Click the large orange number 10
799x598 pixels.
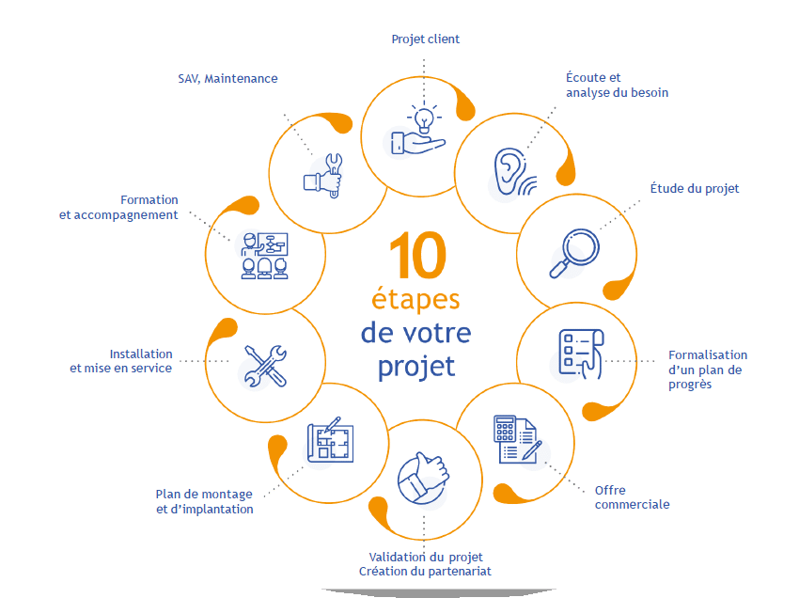[415, 256]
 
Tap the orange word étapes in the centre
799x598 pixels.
[415, 301]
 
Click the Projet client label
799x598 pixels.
[425, 39]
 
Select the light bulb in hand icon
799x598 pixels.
[418, 132]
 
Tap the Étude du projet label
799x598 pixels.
[695, 189]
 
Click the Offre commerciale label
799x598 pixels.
[632, 497]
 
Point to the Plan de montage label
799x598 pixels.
[204, 501]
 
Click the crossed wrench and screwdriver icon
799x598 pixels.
[265, 366]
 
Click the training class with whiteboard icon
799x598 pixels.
[267, 253]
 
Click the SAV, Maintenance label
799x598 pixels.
[227, 79]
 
